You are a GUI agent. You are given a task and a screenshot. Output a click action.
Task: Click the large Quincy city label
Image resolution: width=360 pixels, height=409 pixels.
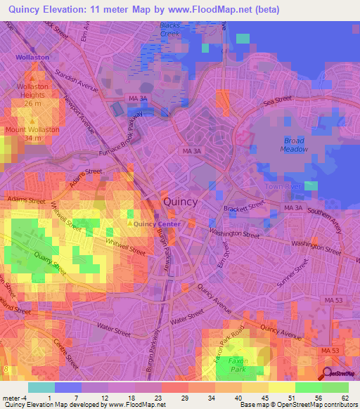click(x=180, y=202)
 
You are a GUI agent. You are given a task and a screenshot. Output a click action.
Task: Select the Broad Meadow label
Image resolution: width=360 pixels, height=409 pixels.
click(x=295, y=145)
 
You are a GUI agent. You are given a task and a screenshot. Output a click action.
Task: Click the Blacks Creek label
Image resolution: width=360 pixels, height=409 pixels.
click(x=170, y=30)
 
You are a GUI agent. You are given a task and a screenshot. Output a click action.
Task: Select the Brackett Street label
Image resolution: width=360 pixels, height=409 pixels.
click(x=245, y=206)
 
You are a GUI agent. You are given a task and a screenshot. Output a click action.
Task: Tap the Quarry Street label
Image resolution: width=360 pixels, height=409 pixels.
click(x=50, y=261)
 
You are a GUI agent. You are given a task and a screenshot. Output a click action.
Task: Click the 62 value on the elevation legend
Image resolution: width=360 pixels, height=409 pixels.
click(x=345, y=398)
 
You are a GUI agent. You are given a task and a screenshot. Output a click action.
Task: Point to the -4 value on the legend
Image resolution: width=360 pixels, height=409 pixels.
click(x=17, y=398)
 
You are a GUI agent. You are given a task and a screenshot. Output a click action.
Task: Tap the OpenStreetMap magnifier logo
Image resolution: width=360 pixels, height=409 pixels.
click(x=328, y=373)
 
